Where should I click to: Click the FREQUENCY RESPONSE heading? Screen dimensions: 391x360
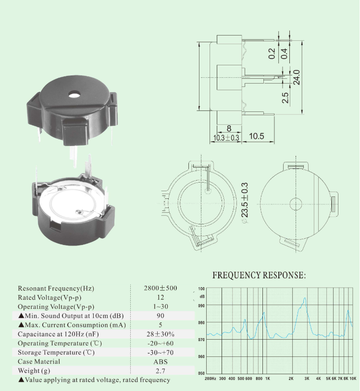point(259,276)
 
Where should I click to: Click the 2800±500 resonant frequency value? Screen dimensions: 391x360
point(161,288)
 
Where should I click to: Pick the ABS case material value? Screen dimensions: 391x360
point(161,362)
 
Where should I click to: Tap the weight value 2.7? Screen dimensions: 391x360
point(161,371)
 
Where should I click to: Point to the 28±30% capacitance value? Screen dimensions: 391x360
point(161,334)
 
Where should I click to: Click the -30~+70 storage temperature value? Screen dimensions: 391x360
point(161,353)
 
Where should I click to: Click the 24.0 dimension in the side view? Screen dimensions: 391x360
point(297,76)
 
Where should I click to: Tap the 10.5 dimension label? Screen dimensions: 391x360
point(257,136)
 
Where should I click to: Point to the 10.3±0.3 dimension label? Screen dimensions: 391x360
point(226,138)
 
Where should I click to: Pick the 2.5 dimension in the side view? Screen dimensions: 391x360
point(285,98)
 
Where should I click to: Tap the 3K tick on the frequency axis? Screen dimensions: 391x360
point(306,379)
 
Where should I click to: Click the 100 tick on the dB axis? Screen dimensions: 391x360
point(201,289)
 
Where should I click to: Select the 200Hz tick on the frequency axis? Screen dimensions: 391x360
point(210,379)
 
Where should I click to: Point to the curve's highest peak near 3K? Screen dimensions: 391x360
point(305,298)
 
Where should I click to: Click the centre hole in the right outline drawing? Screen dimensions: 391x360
point(295,204)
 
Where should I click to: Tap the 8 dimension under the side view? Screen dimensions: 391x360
point(229,128)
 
